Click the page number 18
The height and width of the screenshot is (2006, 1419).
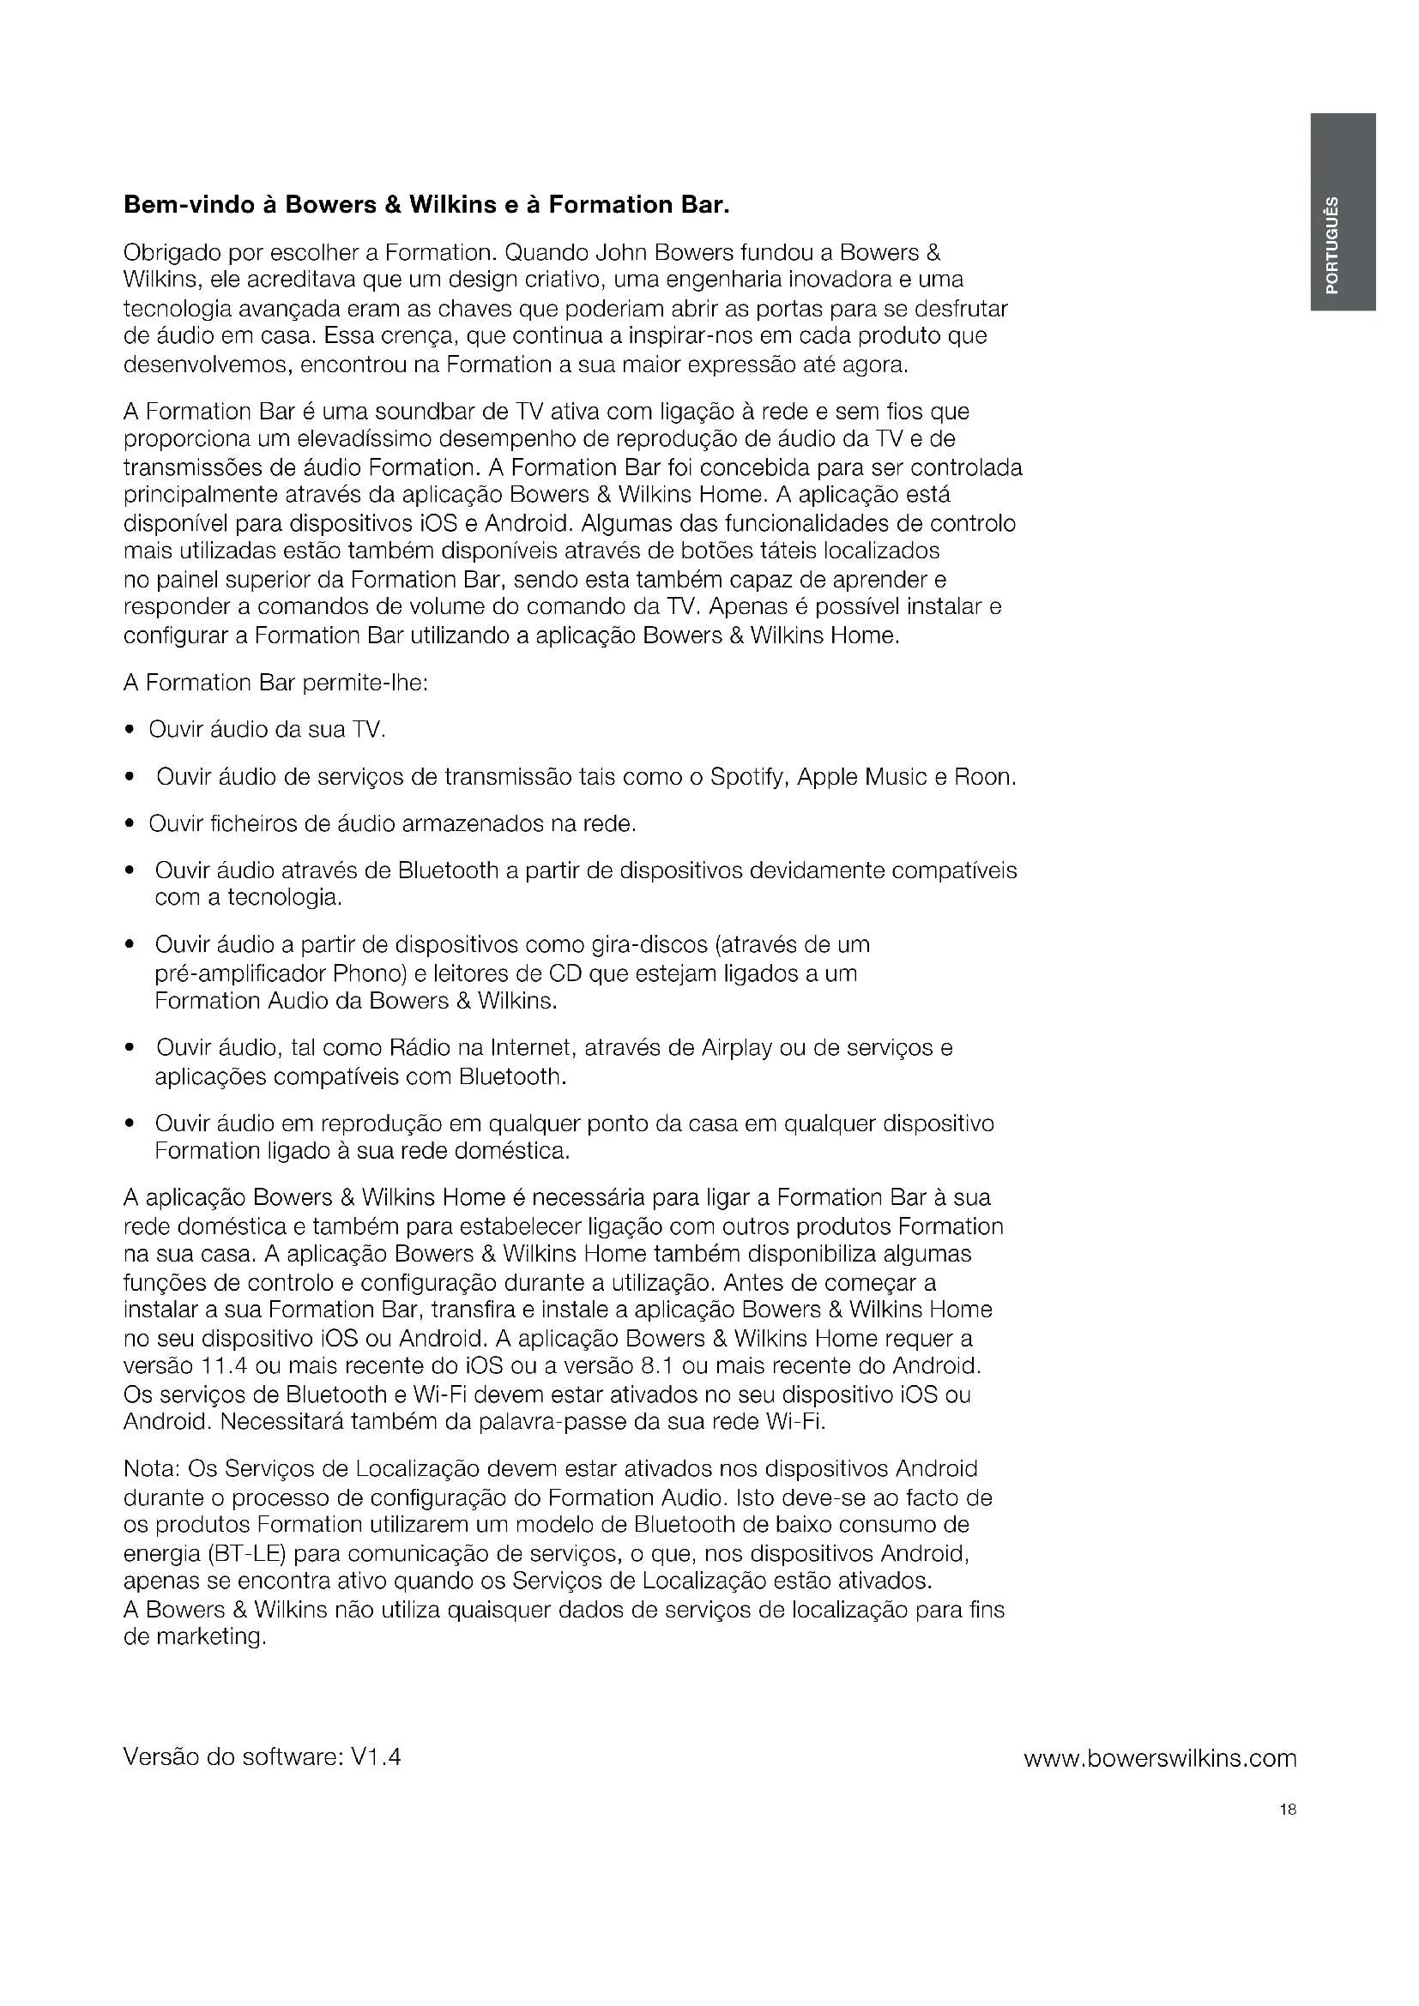(x=1287, y=1810)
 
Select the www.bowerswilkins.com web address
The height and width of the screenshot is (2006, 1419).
(x=1160, y=1758)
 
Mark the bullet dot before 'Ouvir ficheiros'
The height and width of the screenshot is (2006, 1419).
(x=130, y=824)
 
